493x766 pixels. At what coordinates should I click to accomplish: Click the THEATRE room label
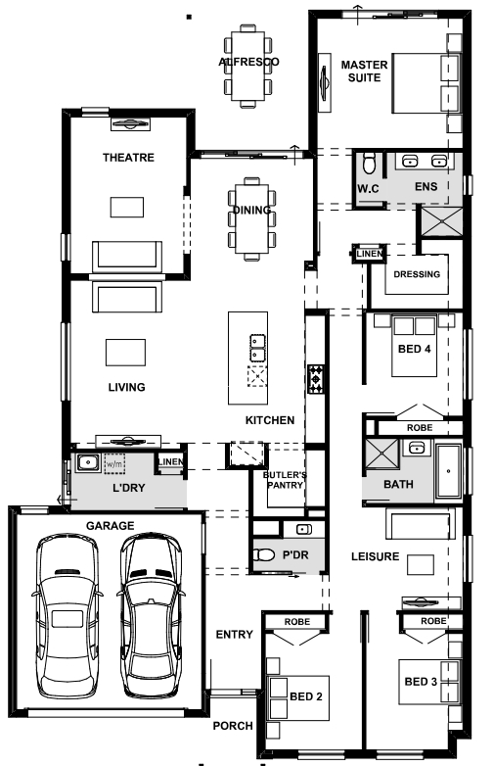pyautogui.click(x=128, y=158)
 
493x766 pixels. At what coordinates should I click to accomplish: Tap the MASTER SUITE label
pyautogui.click(x=364, y=72)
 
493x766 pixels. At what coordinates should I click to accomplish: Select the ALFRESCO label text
pyautogui.click(x=248, y=62)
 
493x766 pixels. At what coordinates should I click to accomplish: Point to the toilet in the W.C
pyautogui.click(x=369, y=164)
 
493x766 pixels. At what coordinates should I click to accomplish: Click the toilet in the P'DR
pyautogui.click(x=264, y=555)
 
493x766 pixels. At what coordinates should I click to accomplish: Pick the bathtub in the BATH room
pyautogui.click(x=448, y=471)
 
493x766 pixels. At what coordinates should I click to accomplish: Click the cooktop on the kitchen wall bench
pyautogui.click(x=316, y=379)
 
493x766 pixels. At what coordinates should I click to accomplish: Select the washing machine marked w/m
pyautogui.click(x=114, y=463)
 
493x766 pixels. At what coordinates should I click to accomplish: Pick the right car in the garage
pyautogui.click(x=151, y=615)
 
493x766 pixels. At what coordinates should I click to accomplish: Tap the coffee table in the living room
pyautogui.click(x=125, y=353)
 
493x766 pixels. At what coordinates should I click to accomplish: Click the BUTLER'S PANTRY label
pyautogui.click(x=286, y=480)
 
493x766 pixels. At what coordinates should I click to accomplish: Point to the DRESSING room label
pyautogui.click(x=417, y=274)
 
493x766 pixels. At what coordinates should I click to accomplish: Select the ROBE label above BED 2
pyautogui.click(x=297, y=622)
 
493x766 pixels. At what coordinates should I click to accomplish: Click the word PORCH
pyautogui.click(x=233, y=726)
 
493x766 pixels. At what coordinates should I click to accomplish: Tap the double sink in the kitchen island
pyautogui.click(x=257, y=348)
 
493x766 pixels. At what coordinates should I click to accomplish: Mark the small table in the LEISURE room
pyautogui.click(x=421, y=564)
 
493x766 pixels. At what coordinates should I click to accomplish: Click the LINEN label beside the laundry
pyautogui.click(x=171, y=461)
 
